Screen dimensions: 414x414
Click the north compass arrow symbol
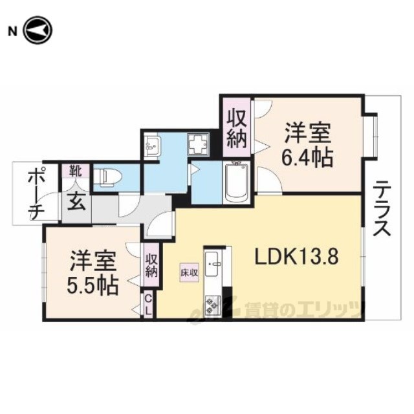[38, 30]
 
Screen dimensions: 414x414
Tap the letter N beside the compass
[12, 32]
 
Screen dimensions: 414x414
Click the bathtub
[237, 182]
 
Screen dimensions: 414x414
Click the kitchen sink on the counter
[213, 265]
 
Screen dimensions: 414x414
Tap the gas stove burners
[213, 305]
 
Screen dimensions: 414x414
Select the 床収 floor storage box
[190, 273]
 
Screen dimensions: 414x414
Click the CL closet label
[149, 306]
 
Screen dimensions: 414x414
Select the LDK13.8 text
[296, 257]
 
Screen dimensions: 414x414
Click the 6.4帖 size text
[307, 157]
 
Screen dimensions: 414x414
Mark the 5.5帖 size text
[92, 287]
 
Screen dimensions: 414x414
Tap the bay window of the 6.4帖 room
[371, 136]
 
